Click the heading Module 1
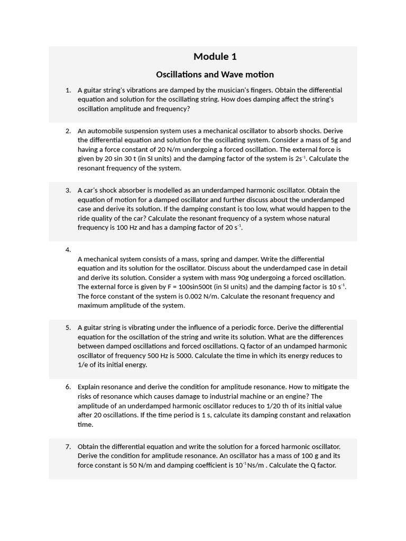coord(215,57)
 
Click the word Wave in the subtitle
coord(233,74)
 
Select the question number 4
coord(68,249)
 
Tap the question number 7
coord(68,446)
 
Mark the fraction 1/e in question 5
coord(83,365)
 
